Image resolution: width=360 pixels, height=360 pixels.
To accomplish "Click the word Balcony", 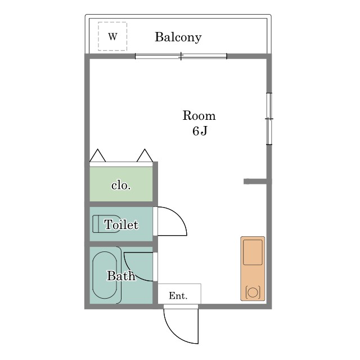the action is pos(178,37).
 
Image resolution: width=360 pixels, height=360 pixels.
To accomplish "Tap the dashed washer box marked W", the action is pos(112,22).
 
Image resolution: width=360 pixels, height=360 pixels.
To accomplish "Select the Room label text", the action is pos(199,115).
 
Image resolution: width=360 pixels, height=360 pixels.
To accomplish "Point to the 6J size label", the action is pos(200,131).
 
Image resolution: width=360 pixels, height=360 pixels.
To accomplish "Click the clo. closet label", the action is pos(121,185).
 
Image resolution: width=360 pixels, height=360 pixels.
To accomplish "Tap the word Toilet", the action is pos(121,224).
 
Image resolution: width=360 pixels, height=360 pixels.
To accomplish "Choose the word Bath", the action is pos(121,276).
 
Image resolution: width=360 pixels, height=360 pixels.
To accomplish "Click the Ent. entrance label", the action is pos(178,296).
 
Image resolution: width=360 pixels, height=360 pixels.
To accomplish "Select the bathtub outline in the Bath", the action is pos(92,275).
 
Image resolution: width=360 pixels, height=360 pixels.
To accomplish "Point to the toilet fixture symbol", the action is pos(93,224).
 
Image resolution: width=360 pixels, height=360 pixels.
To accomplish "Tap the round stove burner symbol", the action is pos(253,292).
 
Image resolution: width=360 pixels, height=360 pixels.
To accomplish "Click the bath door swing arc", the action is pos(130,272).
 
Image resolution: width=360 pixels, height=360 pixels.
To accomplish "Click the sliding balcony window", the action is pos(181,56).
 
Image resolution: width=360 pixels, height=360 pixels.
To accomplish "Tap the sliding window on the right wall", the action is pos(269,119).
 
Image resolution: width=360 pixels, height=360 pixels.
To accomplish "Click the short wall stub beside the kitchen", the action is pos(255,181).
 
